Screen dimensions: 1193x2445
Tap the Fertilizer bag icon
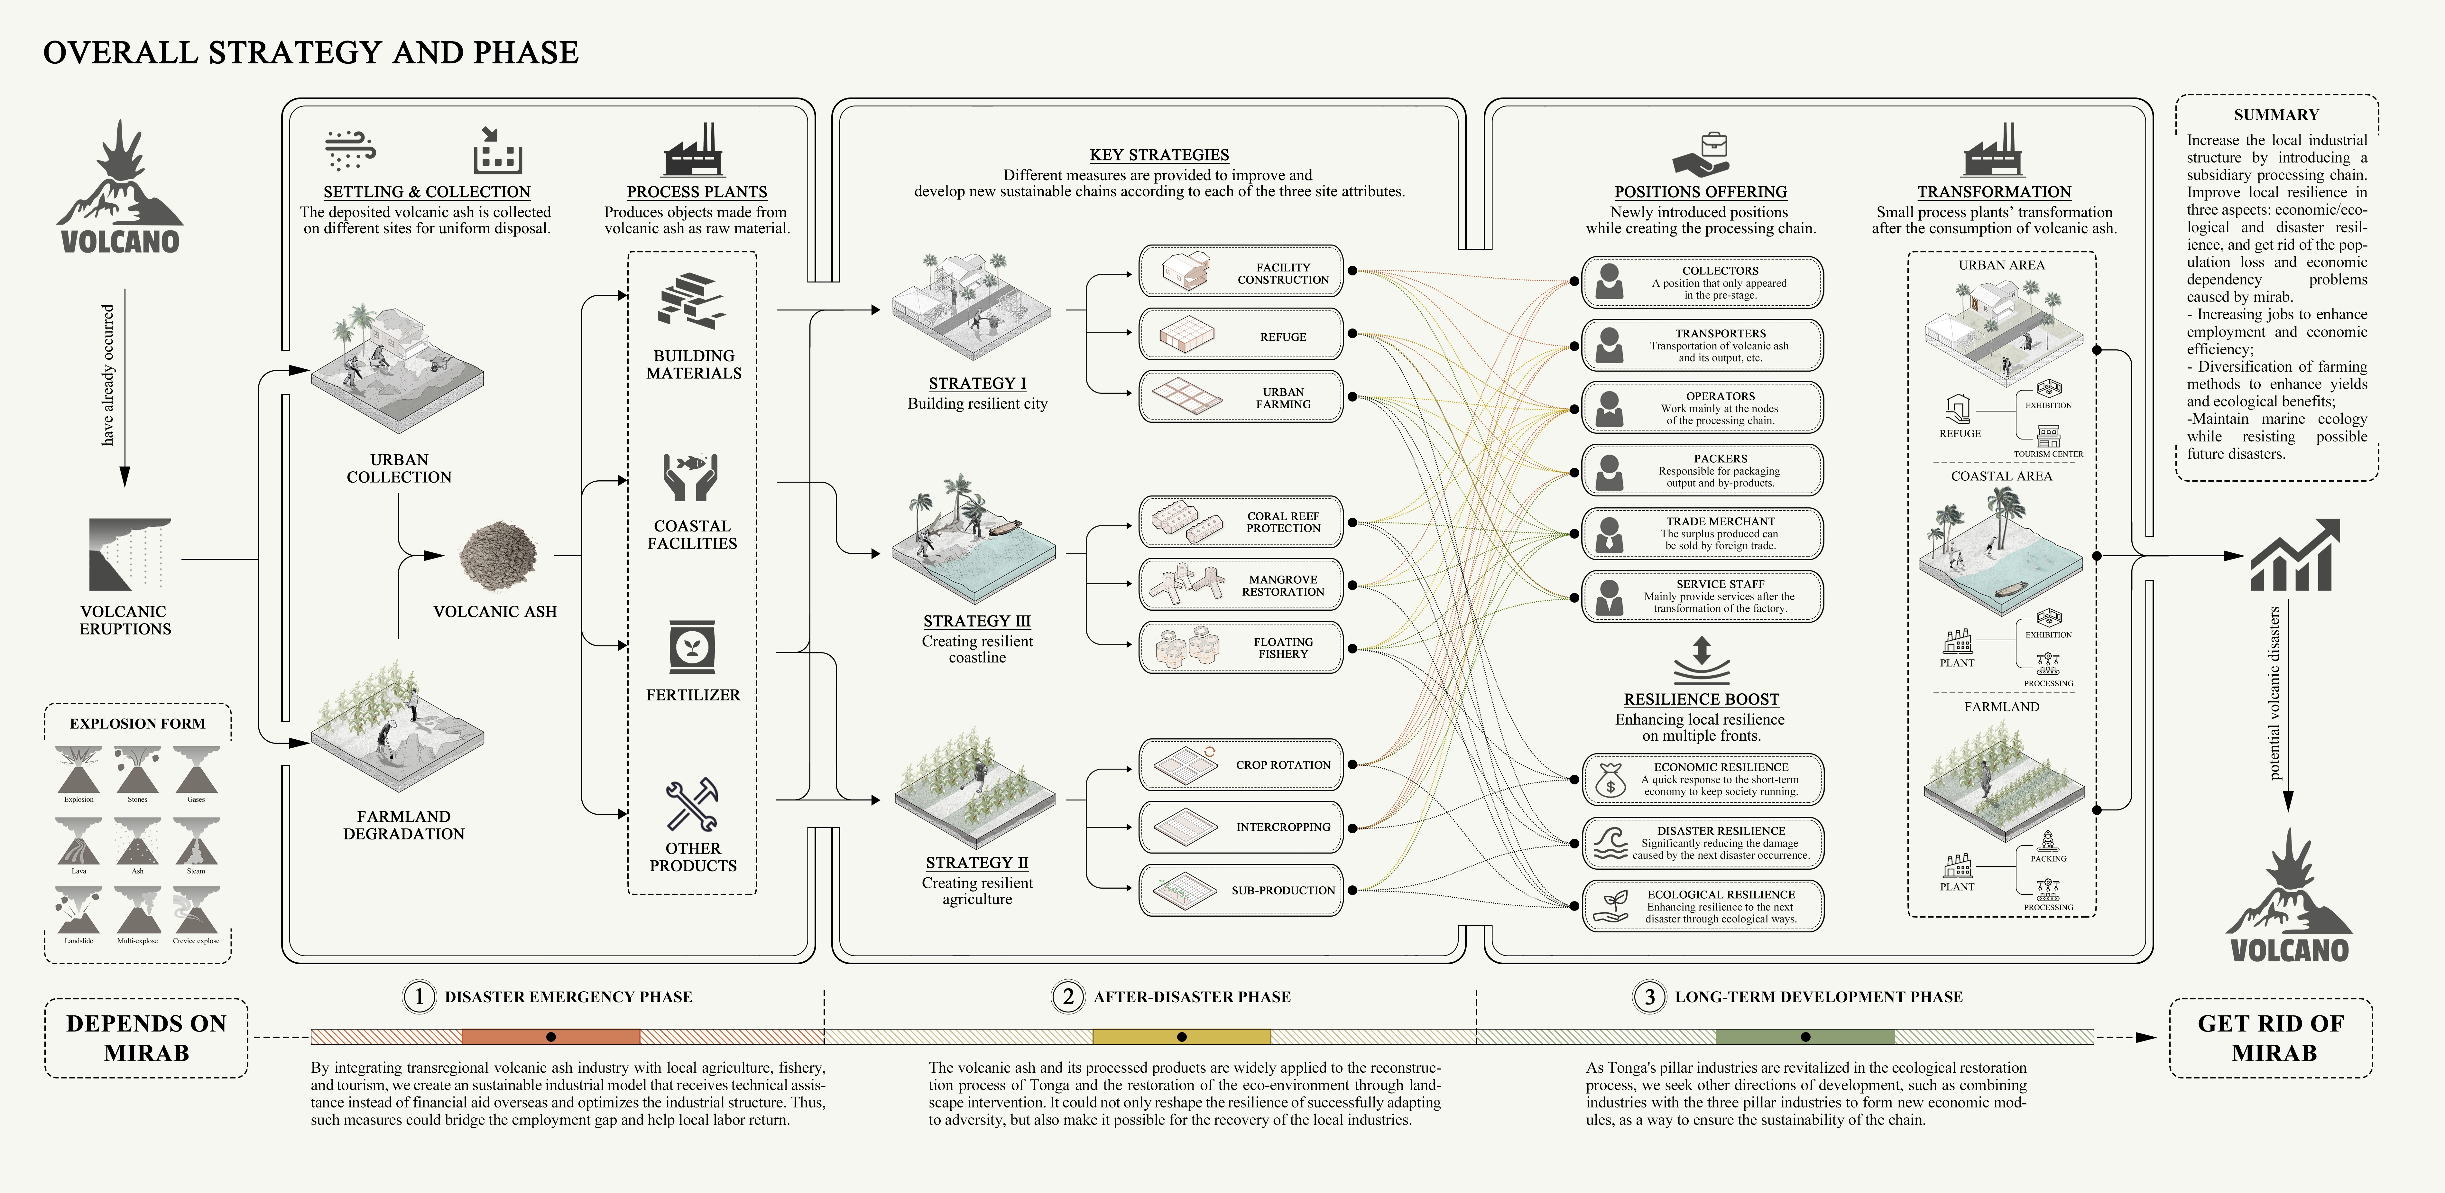coord(692,648)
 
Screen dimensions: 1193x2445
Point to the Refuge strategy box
coord(1241,334)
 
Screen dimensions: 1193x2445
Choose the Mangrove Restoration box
coord(1241,585)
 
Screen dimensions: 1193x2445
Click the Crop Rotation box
coord(1241,764)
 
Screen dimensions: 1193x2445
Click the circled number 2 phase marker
coord(1068,996)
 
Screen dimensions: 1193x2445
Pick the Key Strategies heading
coord(1159,155)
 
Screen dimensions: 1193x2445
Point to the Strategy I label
coord(977,384)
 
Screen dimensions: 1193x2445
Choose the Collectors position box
coord(1702,282)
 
